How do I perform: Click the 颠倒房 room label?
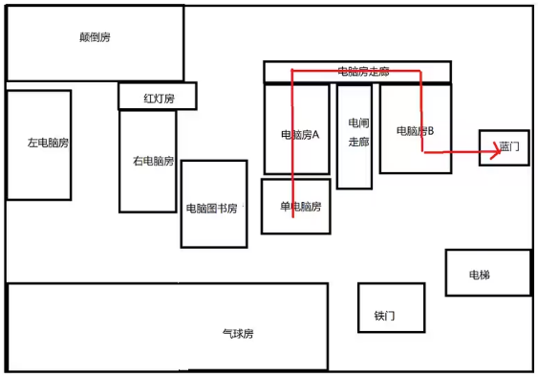96,37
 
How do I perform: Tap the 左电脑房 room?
38,144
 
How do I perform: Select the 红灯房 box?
158,97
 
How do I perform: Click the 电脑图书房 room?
214,204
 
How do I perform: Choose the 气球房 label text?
238,334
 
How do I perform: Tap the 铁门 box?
391,307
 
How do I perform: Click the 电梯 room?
487,273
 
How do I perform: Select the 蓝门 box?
504,148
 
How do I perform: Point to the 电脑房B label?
415,130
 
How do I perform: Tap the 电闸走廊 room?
355,136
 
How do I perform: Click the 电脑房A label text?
299,135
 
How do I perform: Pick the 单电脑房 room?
296,206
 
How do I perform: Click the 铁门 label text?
384,316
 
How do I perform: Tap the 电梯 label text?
479,276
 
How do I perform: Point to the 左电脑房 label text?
48,144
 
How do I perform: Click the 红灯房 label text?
159,98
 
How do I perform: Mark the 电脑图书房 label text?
212,208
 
